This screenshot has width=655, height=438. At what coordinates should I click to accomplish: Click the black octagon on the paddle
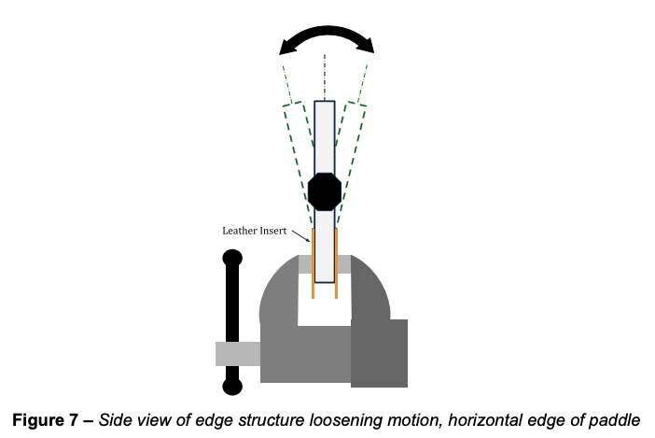324,191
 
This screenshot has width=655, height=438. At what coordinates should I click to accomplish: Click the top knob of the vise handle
232,258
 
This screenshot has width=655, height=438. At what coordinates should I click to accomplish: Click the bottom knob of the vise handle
232,385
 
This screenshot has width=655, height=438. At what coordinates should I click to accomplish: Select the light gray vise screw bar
238,354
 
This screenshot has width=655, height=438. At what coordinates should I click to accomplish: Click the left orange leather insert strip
313,262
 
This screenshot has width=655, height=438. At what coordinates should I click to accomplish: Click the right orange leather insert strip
336,262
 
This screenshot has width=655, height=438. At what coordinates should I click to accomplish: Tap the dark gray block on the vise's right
379,353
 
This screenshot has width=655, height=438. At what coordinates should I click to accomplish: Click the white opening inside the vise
323,304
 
